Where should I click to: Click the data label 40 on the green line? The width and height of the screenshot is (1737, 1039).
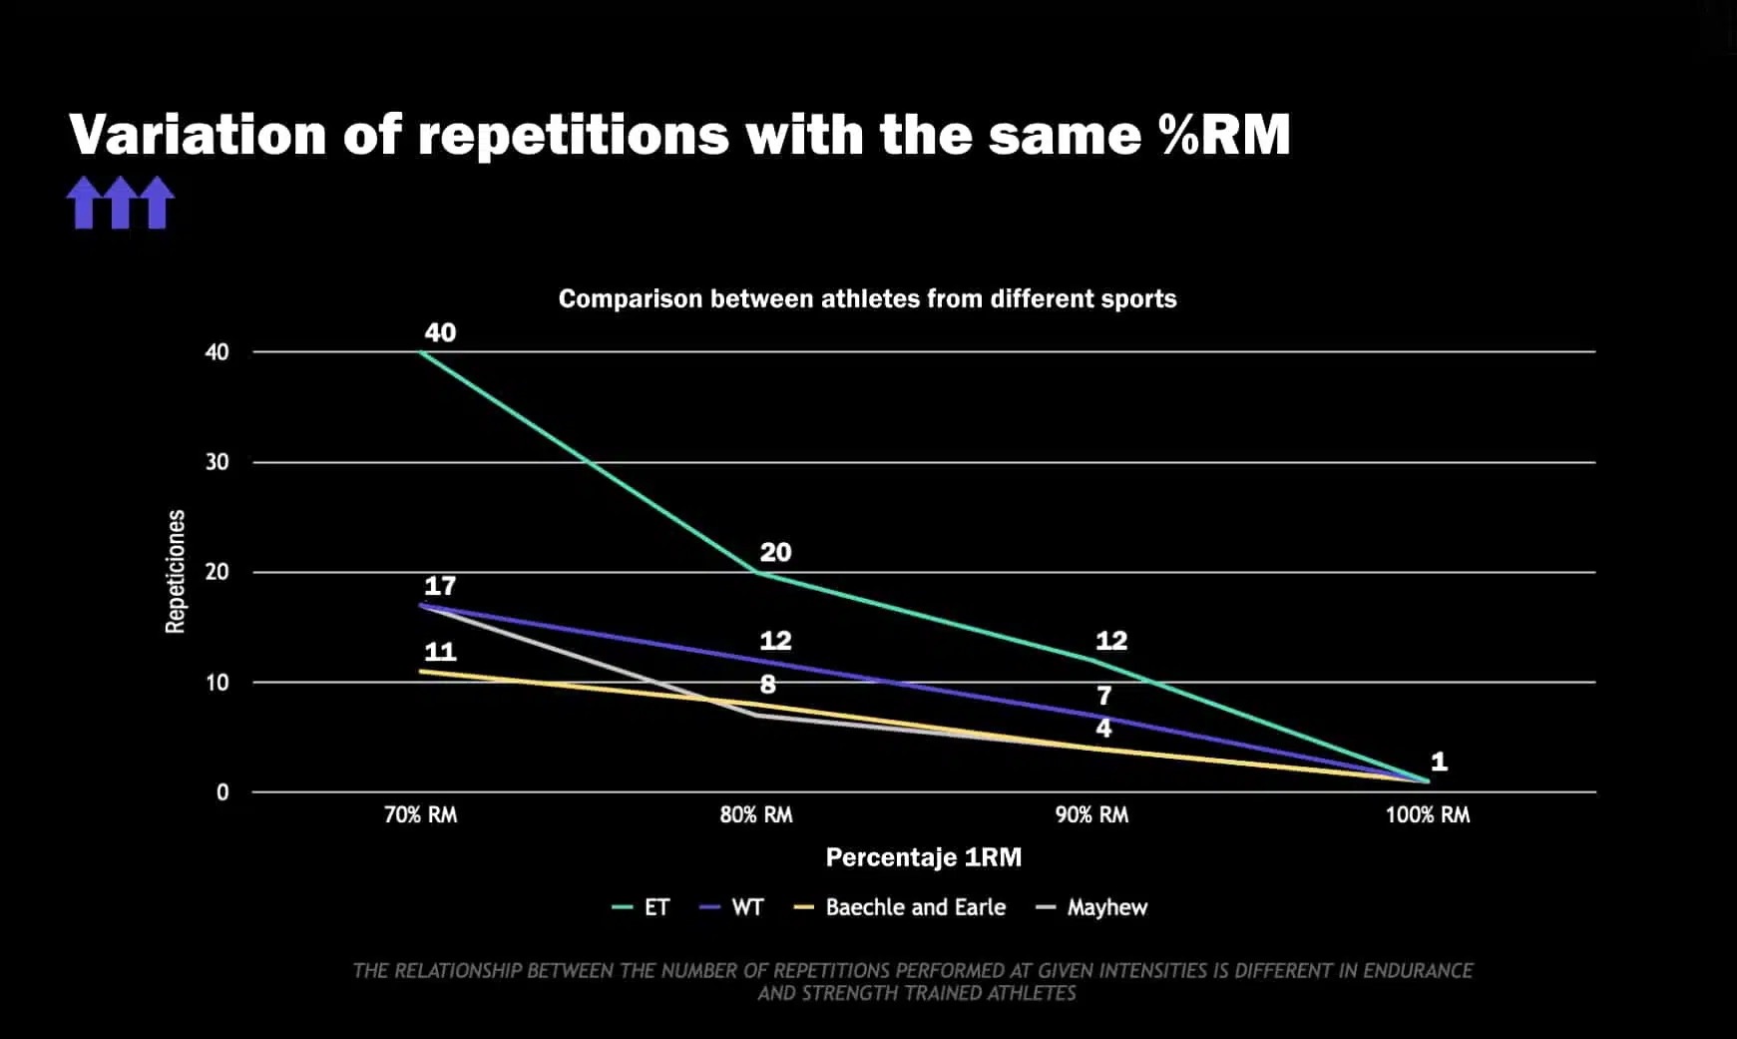pyautogui.click(x=440, y=332)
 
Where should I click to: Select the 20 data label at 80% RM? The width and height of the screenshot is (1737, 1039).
pyautogui.click(x=775, y=552)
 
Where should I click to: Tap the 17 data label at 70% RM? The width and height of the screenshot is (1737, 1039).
pyautogui.click(x=440, y=586)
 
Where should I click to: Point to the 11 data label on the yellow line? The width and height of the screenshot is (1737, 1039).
pyautogui.click(x=440, y=652)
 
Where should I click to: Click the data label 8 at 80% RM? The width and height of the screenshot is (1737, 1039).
pyautogui.click(x=767, y=685)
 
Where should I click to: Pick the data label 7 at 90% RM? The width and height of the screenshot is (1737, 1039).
pyautogui.click(x=1103, y=696)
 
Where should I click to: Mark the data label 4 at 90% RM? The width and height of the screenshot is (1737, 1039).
pyautogui.click(x=1103, y=728)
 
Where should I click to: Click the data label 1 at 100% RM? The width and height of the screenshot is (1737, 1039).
pyautogui.click(x=1439, y=762)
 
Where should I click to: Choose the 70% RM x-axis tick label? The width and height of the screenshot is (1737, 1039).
pyautogui.click(x=420, y=814)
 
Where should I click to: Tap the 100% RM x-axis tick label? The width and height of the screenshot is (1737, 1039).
pyautogui.click(x=1427, y=814)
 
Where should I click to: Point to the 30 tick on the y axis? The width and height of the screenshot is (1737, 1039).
pyautogui.click(x=217, y=462)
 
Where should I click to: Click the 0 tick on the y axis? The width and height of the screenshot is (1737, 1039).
pyautogui.click(x=222, y=792)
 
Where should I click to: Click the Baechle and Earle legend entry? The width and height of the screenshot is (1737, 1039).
pyautogui.click(x=915, y=907)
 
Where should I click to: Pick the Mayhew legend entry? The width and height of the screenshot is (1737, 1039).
pyautogui.click(x=1106, y=907)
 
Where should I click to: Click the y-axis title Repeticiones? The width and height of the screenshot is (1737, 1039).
pyautogui.click(x=176, y=571)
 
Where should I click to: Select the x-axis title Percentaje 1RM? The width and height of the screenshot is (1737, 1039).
pyautogui.click(x=923, y=857)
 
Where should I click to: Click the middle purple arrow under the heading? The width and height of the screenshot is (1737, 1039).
pyautogui.click(x=121, y=203)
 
